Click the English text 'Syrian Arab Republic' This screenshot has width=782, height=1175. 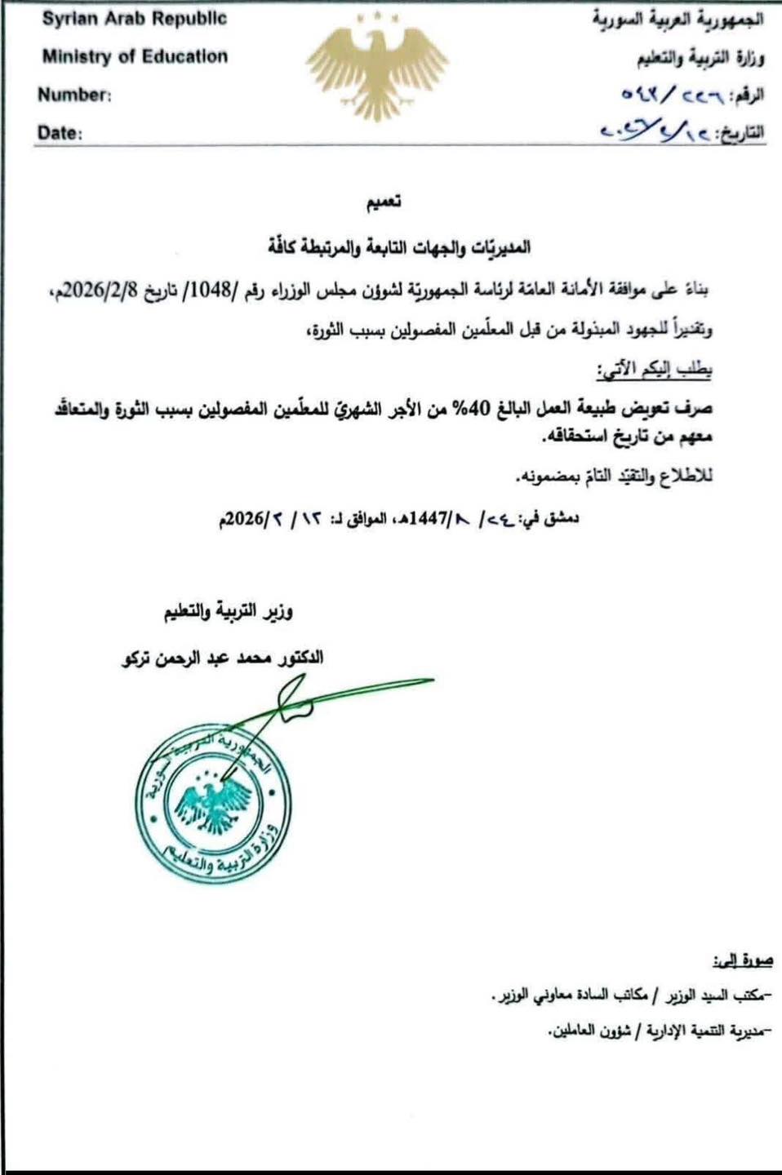pyautogui.click(x=135, y=20)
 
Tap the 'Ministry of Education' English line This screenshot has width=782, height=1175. pyautogui.click(x=135, y=56)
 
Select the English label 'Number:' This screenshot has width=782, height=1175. pyautogui.click(x=74, y=95)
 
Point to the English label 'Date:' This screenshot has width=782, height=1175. pyautogui.click(x=60, y=133)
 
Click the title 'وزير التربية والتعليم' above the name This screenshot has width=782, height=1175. pyautogui.click(x=229, y=612)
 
